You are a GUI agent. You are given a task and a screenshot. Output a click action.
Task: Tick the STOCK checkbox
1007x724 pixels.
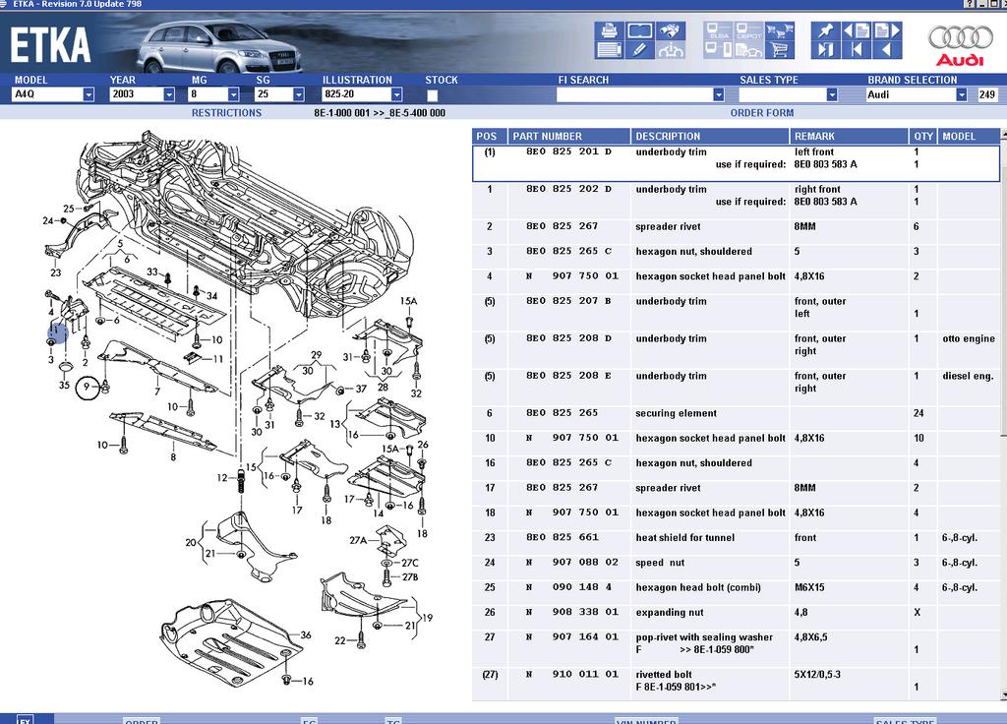point(433,95)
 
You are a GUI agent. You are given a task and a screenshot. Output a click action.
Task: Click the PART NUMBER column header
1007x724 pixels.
point(547,137)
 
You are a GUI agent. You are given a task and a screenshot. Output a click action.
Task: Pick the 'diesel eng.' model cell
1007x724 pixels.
point(968,376)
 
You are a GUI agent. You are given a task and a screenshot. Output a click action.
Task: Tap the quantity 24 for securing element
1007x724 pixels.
point(917,413)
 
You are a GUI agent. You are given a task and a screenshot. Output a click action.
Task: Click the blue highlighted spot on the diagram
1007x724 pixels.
point(57,332)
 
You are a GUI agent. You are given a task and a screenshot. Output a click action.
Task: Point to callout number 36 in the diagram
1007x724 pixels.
point(306,635)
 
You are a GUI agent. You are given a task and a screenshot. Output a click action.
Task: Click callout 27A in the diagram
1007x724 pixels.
point(358,540)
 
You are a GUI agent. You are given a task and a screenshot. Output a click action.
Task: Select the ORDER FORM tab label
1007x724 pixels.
point(762,113)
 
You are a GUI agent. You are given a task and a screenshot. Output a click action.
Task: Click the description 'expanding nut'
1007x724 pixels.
point(670,612)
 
